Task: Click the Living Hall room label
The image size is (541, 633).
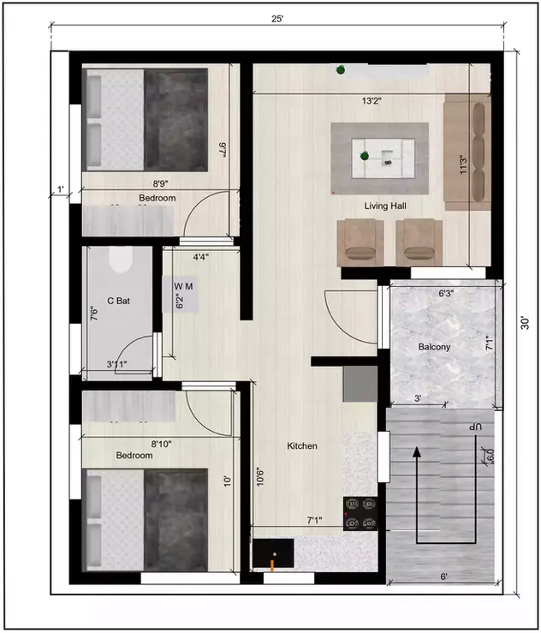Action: pos(385,206)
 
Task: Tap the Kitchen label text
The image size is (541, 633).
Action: pos(302,446)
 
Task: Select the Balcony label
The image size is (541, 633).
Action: pos(434,347)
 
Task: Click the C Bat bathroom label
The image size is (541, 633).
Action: pos(118,300)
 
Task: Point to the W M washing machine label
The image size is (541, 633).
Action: pos(184,284)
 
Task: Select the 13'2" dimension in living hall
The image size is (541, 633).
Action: pos(371,101)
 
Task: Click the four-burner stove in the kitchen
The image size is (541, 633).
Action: pos(361,514)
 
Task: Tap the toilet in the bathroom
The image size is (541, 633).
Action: pos(120,258)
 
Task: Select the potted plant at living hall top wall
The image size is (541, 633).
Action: pos(341,69)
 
